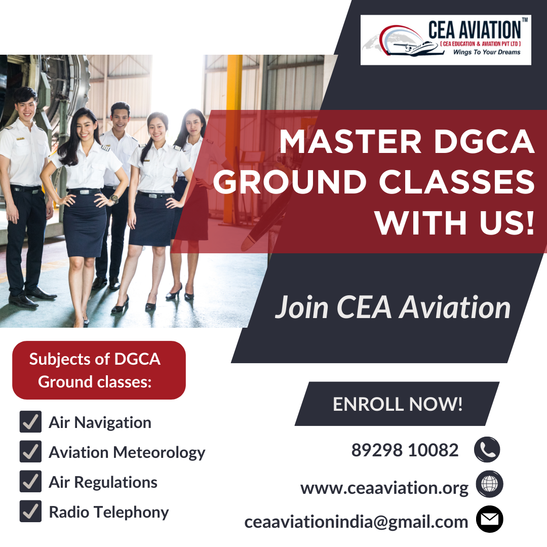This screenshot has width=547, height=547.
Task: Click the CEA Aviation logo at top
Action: coord(446,40)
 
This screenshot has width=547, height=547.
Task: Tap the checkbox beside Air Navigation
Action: coord(30,422)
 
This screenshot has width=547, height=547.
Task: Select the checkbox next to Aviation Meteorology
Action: coord(30,452)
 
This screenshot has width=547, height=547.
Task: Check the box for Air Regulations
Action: coord(30,482)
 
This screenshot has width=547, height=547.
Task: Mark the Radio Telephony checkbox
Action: coord(30,512)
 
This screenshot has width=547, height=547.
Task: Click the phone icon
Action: coord(487,450)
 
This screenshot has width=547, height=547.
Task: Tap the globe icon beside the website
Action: coord(489,484)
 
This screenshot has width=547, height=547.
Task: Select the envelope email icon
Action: coord(489,520)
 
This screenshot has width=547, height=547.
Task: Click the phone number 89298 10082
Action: coord(405,450)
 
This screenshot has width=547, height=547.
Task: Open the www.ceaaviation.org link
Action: coord(384,488)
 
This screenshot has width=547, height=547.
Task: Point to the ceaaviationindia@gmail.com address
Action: coord(356,522)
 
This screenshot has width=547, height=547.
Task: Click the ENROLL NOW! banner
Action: coord(398,404)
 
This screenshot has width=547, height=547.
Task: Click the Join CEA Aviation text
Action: coord(393,307)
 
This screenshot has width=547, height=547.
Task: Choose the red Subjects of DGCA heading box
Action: coord(99,370)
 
